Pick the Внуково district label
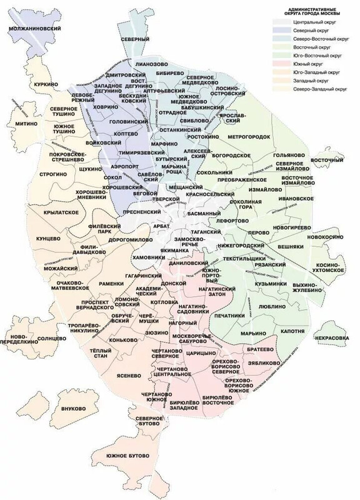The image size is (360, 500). coord(74,409)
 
